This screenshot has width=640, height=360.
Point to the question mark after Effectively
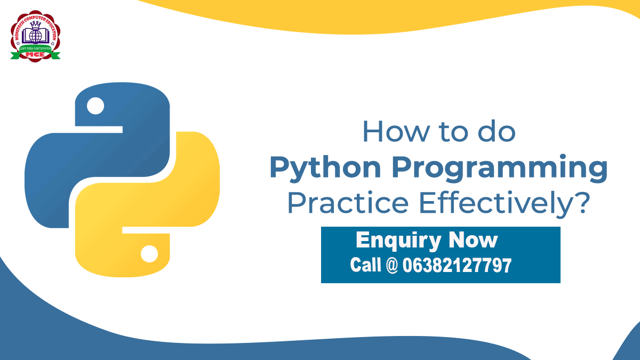tap(583, 203)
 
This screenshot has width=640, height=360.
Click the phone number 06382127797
tap(457, 265)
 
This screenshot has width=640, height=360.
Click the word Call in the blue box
tap(365, 265)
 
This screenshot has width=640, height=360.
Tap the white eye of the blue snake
tap(96, 106)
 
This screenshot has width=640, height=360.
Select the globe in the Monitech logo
tap(36, 36)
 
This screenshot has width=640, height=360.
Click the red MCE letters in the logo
tap(36, 54)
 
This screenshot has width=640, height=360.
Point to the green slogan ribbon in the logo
tap(36, 48)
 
